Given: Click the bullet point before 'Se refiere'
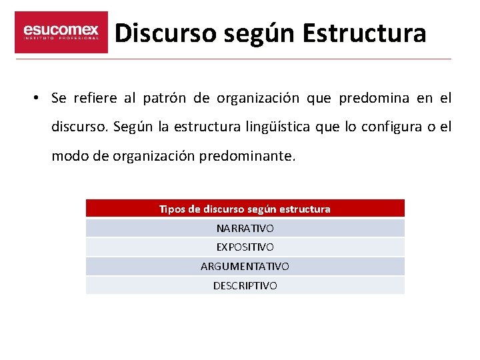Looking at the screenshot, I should (34, 99).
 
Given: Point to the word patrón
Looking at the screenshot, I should (164, 99).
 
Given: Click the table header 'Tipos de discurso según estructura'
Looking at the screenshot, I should (245, 209).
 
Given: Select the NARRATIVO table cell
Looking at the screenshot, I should (245, 228).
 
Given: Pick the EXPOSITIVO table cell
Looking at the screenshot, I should (245, 247).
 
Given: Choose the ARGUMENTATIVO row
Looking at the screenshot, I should (245, 266).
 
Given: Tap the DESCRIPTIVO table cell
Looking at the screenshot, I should (245, 285).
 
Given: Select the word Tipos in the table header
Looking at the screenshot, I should (172, 209).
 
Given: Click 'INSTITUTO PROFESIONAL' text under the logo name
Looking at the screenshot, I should (61, 39).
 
